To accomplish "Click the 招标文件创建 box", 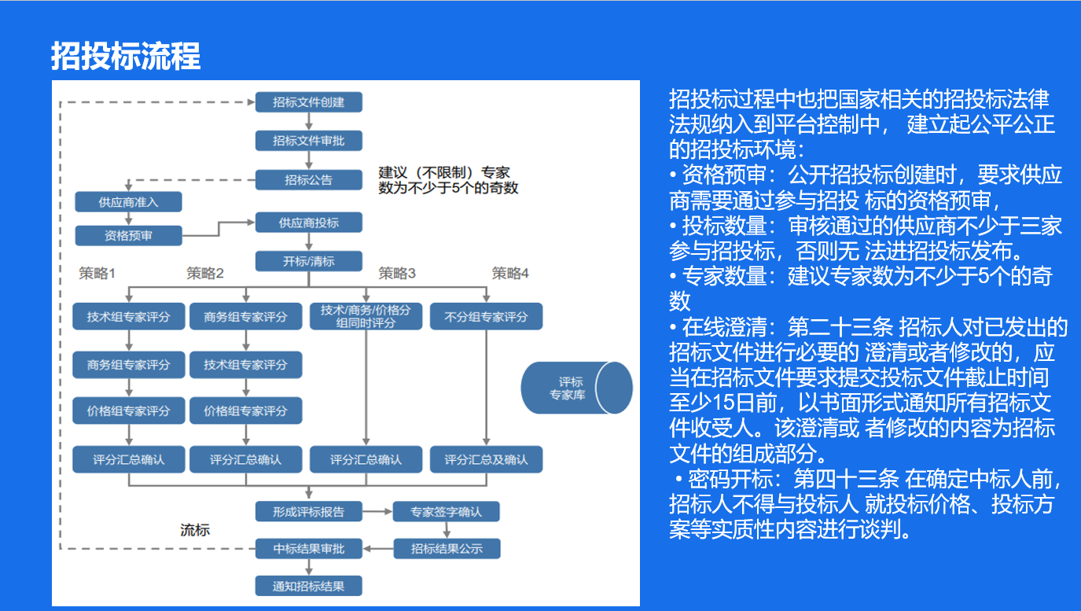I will coord(308,102).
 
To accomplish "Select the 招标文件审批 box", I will coord(308,141).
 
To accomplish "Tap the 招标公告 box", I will coord(308,180).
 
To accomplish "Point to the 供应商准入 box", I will coord(128,202).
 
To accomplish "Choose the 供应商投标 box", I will coord(308,223).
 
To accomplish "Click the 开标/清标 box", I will coord(308,261).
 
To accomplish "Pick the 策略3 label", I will coord(397,274).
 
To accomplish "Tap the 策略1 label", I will coord(97,274).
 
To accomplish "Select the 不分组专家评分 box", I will coord(486,317).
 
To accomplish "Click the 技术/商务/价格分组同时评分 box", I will coord(366,316).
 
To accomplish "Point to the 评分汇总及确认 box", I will coord(486,459).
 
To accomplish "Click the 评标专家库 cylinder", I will coord(575,388).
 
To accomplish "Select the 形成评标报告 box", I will coord(308,512).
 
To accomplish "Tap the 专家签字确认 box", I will coord(446,512).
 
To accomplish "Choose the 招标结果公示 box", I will coord(447,548).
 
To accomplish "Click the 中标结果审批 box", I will coord(308,548).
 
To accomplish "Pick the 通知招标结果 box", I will coord(308,586).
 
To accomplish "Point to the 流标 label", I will coord(195,530).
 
